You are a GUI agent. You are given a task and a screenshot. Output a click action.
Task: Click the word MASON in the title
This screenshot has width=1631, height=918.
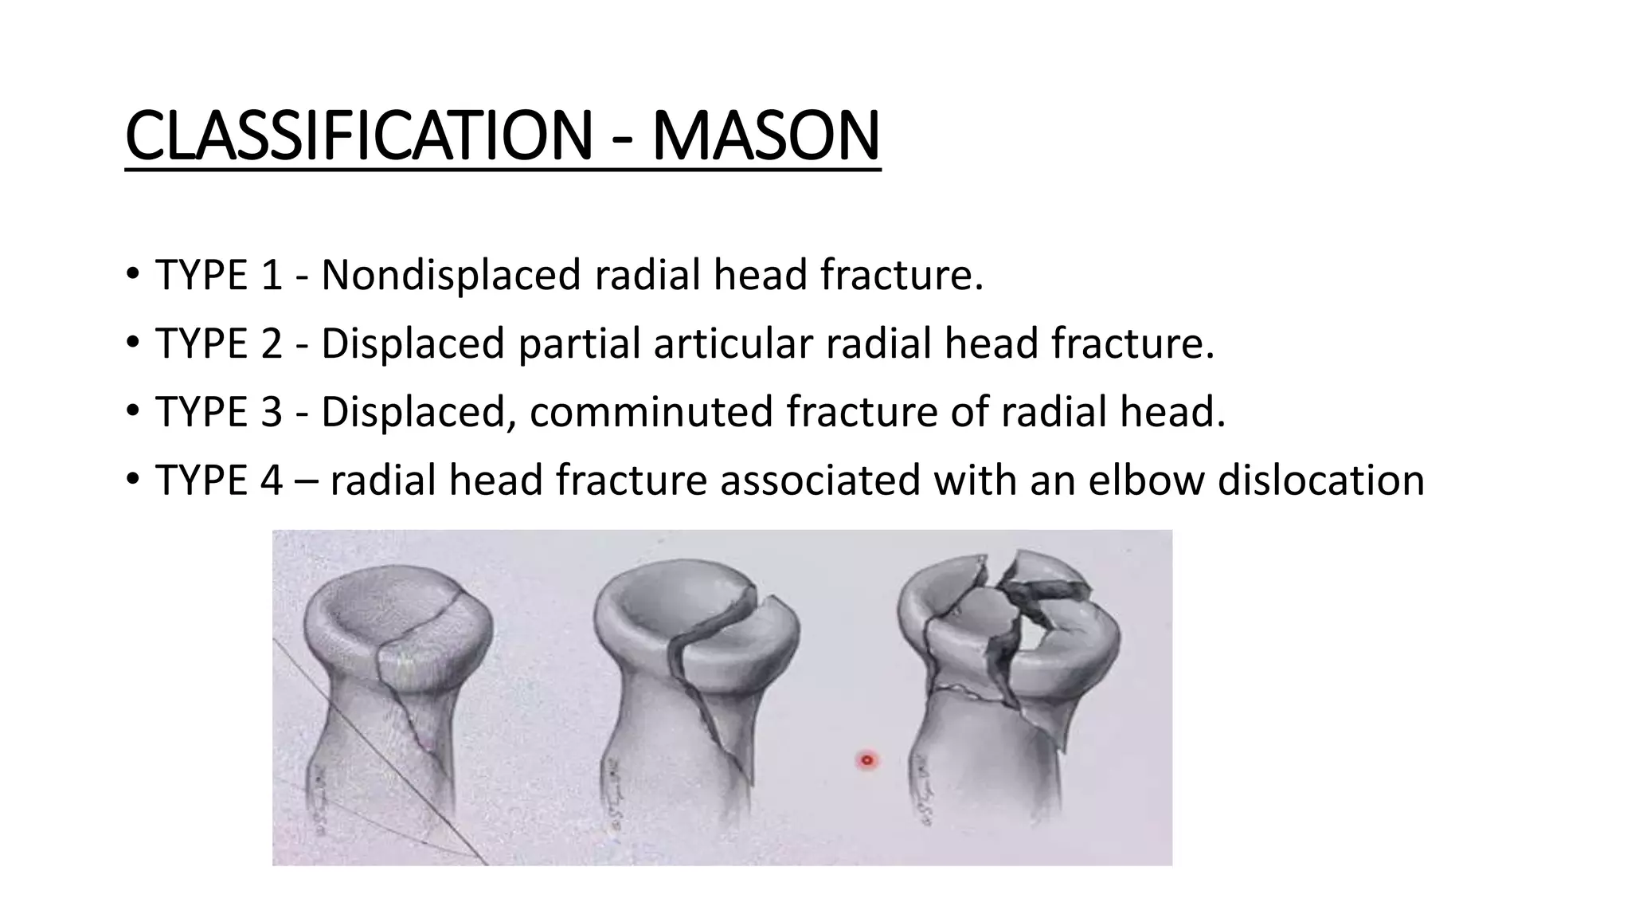pos(765,136)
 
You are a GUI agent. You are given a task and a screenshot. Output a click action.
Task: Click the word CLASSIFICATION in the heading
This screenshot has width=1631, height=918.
pos(358,136)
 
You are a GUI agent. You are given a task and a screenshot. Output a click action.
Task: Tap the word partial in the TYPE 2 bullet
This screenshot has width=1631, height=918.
pos(579,343)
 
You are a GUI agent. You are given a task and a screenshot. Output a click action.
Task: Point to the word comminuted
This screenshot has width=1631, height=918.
pos(651,412)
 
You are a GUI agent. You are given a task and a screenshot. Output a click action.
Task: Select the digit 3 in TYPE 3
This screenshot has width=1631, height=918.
pos(272,412)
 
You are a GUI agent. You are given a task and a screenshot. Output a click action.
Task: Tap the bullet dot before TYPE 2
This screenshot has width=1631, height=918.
pos(132,343)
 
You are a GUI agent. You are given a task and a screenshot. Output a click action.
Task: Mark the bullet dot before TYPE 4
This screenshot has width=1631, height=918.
pos(132,481)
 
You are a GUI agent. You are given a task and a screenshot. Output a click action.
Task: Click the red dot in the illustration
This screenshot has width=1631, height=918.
pos(867,760)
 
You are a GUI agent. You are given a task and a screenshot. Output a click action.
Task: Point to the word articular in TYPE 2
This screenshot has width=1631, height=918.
pos(739,343)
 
